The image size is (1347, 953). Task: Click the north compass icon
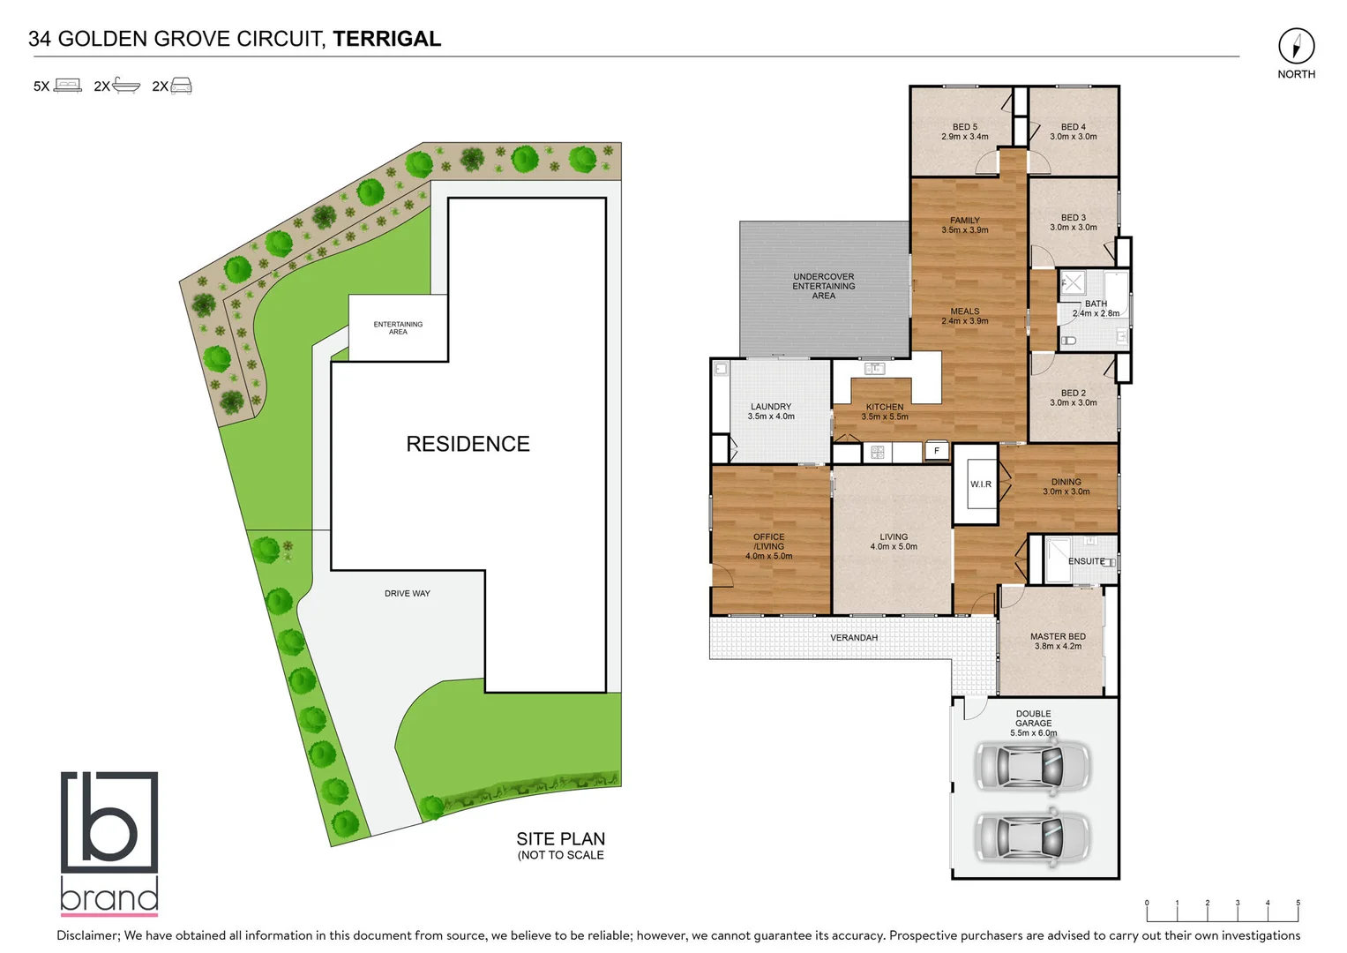pos(1296,46)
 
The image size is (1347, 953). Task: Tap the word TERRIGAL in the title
pos(386,39)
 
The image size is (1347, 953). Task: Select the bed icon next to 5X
pos(68,86)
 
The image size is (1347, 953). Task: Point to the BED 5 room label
pos(964,131)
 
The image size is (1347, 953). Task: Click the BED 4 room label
pos(1073,131)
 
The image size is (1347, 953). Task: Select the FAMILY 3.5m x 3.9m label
pos(964,225)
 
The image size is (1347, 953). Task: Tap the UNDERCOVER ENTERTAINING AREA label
pos(823,286)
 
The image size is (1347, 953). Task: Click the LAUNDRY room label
pos(771,411)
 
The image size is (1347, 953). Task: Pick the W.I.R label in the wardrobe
pos(981,484)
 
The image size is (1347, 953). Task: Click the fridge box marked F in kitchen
pos(937,451)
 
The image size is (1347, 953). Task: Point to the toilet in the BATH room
pos(1069,340)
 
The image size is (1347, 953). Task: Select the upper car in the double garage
pos(1031,765)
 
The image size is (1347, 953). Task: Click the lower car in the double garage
pos(1031,836)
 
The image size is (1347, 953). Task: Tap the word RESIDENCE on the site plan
pos(468,444)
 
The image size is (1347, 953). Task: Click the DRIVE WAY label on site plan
pos(407,593)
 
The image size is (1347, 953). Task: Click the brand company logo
pos(109,842)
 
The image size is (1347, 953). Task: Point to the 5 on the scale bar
pos(1298,903)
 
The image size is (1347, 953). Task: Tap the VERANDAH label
pos(853,637)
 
